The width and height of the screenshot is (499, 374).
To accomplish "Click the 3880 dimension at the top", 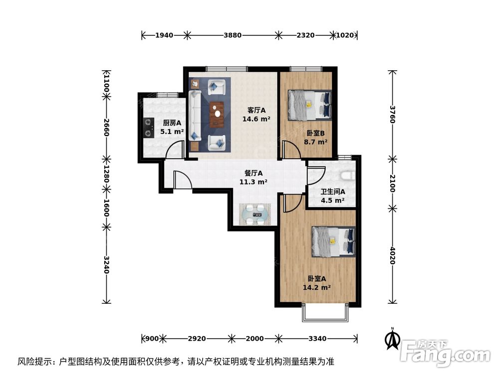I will pyautogui.click(x=233, y=35).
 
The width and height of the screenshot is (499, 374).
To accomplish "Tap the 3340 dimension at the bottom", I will pyautogui.click(x=317, y=339).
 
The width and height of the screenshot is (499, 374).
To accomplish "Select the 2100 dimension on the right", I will pyautogui.click(x=393, y=183).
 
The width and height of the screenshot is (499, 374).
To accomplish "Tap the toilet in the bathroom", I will pyautogui.click(x=347, y=175).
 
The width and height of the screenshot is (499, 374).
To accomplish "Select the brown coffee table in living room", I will pyautogui.click(x=217, y=114).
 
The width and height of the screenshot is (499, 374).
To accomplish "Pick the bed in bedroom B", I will pyautogui.click(x=310, y=105).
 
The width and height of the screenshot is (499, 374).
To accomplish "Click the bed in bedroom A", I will pyautogui.click(x=333, y=241).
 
